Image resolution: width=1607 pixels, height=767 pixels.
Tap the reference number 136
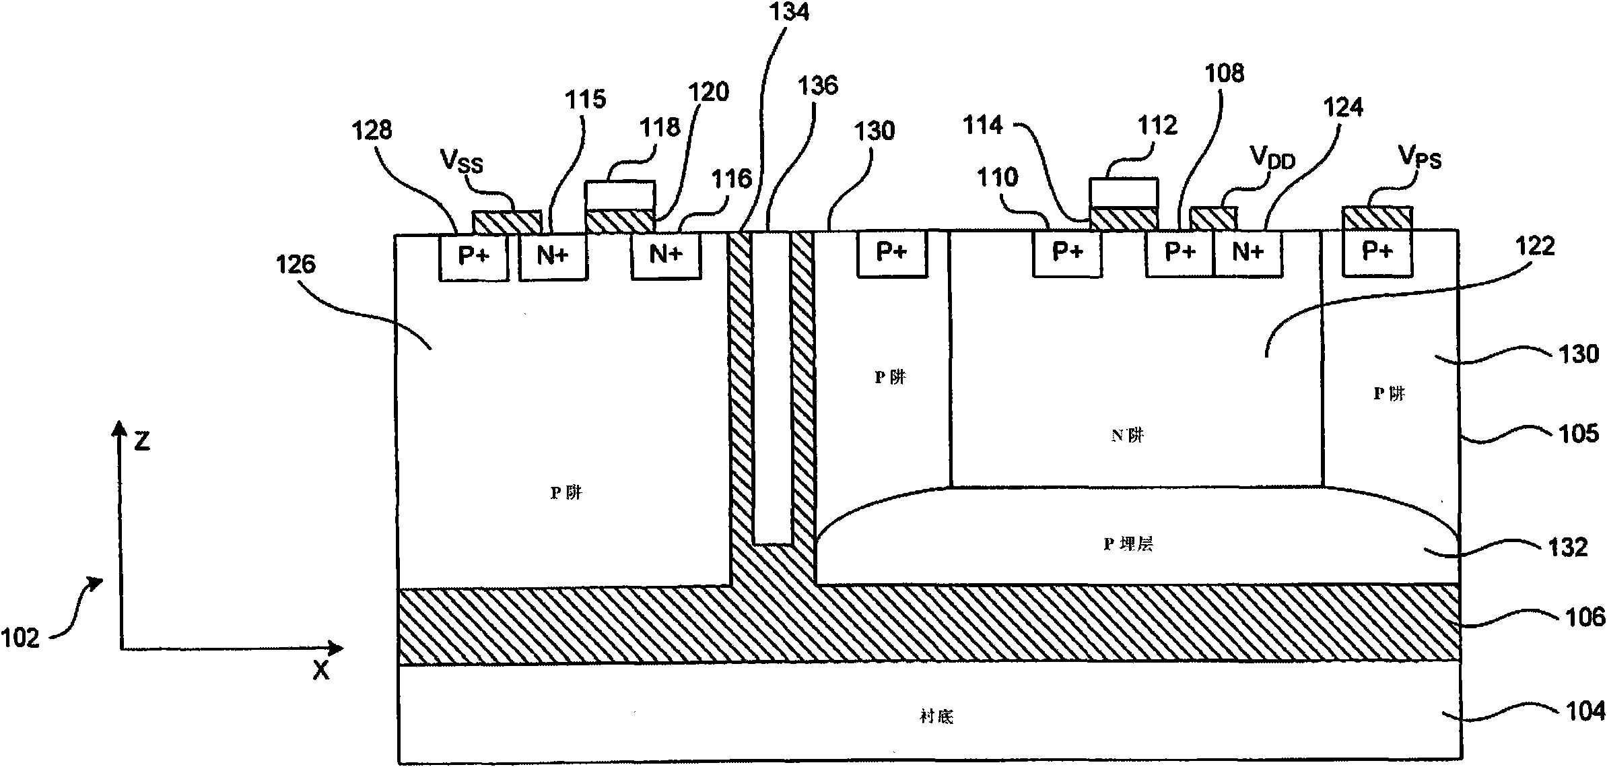(818, 86)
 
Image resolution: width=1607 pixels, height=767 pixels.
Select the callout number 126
(296, 264)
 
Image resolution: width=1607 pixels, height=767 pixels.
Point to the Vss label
(462, 162)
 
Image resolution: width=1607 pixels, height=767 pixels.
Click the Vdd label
(1272, 158)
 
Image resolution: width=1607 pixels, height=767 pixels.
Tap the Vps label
(1420, 158)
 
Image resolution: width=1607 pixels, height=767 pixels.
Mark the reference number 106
(1585, 617)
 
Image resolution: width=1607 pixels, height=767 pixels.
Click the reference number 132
(1568, 547)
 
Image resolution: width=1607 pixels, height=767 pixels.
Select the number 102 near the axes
(21, 637)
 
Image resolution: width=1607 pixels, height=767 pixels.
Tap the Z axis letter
(141, 441)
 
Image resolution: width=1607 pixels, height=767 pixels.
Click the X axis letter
(321, 670)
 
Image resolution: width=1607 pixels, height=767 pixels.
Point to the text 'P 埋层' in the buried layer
(1128, 544)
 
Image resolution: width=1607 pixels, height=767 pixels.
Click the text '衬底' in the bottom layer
(936, 716)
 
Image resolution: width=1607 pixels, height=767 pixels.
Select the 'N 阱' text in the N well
(1128, 436)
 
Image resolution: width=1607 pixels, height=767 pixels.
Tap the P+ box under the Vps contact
(1377, 252)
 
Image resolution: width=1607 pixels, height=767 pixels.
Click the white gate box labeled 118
(620, 195)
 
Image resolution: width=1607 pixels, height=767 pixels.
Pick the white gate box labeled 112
(1124, 192)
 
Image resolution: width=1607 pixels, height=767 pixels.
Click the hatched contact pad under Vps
(1377, 218)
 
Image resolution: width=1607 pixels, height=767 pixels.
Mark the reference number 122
(1535, 246)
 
